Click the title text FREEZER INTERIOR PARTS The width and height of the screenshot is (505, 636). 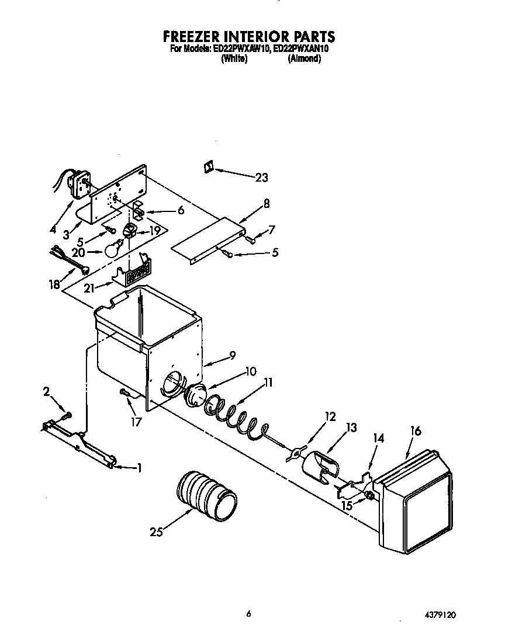click(249, 37)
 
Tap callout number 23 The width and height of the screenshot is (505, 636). click(261, 178)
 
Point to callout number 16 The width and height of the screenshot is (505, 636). click(416, 431)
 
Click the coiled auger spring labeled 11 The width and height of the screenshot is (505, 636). click(234, 415)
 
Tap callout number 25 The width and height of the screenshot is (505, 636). click(155, 531)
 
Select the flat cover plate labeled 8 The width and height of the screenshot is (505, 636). click(207, 239)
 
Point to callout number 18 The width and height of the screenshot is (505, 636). click(54, 284)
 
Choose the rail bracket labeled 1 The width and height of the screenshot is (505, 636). click(79, 445)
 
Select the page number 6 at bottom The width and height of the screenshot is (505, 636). click(248, 614)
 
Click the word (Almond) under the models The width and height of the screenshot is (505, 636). click(304, 59)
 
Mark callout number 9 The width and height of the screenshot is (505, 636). click(231, 355)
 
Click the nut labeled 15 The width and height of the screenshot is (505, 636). click(369, 496)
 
